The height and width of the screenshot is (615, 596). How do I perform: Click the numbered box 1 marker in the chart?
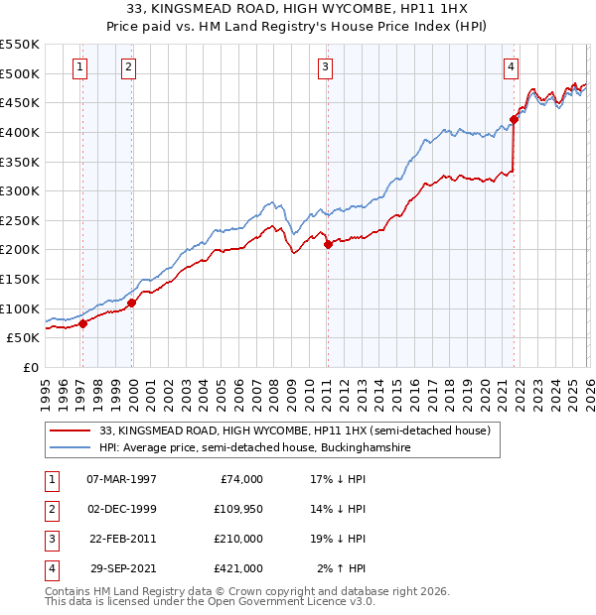click(x=79, y=67)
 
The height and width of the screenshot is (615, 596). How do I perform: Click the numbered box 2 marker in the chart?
click(x=128, y=67)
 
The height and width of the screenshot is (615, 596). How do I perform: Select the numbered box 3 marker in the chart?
click(x=325, y=67)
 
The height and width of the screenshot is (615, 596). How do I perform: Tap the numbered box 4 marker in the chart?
click(x=511, y=67)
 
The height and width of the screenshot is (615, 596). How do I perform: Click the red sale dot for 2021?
click(x=514, y=120)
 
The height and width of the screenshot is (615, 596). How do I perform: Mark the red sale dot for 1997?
click(x=83, y=323)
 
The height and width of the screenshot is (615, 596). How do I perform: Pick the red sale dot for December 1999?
click(x=132, y=303)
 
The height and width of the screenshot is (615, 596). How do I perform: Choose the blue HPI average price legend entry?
click(x=254, y=448)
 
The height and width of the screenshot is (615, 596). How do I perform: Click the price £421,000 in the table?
click(x=239, y=568)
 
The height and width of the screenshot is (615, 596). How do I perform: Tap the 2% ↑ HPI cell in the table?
click(x=342, y=568)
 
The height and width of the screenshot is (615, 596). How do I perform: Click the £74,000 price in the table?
click(x=239, y=479)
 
